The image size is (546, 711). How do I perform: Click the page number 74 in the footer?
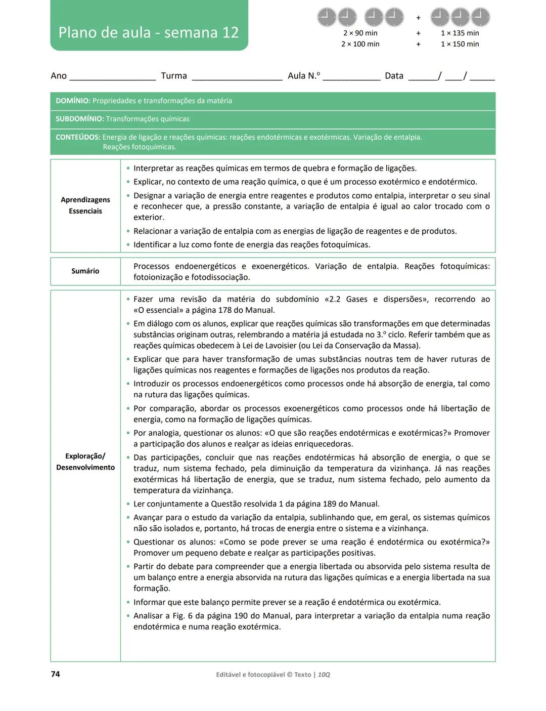[x=55, y=674]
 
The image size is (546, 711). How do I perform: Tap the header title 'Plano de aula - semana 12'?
[x=148, y=32]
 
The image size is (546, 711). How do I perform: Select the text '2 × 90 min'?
[x=360, y=33]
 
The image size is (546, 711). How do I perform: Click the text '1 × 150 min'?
[x=460, y=44]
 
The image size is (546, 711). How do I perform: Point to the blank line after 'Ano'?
[x=112, y=77]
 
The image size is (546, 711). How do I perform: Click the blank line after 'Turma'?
[x=237, y=77]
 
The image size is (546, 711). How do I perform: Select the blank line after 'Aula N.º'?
[x=351, y=77]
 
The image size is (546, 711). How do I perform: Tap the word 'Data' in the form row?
[x=394, y=76]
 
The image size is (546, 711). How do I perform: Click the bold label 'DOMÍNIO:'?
[x=73, y=101]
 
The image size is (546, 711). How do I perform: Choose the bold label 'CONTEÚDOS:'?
[x=78, y=137]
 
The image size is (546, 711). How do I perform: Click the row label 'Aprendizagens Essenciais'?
[x=85, y=205]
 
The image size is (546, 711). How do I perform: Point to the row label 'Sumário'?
[x=85, y=271]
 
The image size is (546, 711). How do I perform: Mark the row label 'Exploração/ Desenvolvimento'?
[x=85, y=462]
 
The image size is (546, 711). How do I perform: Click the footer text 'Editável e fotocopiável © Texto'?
[x=263, y=675]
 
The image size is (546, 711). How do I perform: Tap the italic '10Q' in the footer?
[x=324, y=675]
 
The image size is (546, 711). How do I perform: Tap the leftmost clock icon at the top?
[x=327, y=17]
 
